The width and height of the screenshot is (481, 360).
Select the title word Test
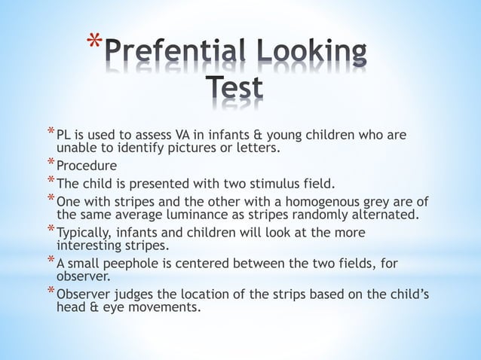(x=234, y=88)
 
